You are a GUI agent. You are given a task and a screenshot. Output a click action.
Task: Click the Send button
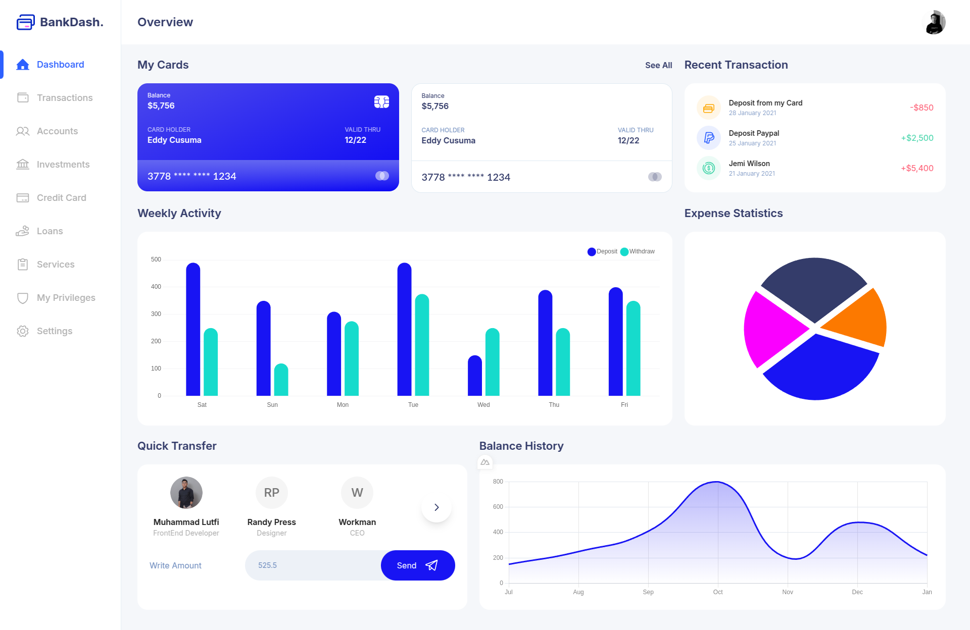(417, 565)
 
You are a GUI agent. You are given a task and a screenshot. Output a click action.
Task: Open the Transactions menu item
(64, 98)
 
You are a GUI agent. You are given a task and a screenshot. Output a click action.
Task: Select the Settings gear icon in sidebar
(23, 331)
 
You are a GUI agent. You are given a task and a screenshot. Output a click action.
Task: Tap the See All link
(658, 65)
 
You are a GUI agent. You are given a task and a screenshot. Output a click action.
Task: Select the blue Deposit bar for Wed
(474, 376)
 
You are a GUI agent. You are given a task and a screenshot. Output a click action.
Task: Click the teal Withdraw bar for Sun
(281, 380)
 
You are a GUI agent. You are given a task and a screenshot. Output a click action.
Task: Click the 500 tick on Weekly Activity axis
(156, 259)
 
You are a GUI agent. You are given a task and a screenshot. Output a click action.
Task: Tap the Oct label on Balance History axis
(717, 592)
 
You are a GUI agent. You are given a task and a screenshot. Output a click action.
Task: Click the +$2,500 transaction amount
(916, 138)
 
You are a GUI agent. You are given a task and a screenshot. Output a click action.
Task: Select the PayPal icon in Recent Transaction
(708, 138)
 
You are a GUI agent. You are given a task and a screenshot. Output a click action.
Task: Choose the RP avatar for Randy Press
(271, 493)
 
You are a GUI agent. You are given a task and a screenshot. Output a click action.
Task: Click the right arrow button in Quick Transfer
(437, 507)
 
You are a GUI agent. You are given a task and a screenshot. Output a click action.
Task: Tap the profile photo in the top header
(935, 22)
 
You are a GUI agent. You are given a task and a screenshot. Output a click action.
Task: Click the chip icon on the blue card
(381, 102)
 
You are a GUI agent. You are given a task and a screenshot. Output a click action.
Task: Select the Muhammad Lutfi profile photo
(186, 493)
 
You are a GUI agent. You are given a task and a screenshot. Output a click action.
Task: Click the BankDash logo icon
(25, 22)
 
